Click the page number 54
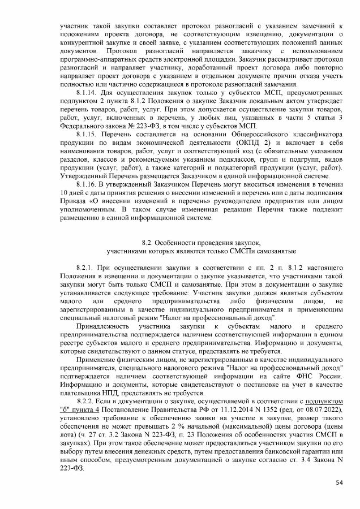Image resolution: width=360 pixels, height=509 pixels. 339,482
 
